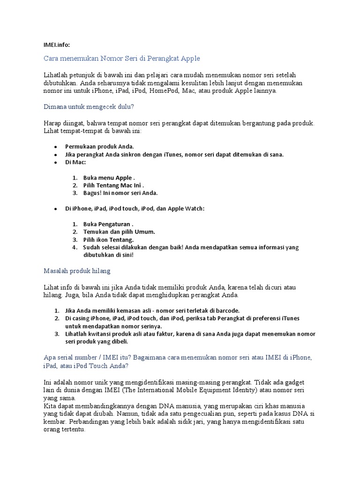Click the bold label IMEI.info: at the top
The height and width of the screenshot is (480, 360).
(56, 45)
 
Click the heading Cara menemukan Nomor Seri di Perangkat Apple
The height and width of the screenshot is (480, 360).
(122, 58)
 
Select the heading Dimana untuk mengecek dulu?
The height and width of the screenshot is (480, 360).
(89, 107)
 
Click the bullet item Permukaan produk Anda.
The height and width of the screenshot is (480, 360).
(99, 146)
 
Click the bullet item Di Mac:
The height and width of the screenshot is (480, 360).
(75, 162)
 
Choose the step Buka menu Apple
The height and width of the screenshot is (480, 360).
(109, 178)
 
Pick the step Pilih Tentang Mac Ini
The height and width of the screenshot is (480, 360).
(113, 186)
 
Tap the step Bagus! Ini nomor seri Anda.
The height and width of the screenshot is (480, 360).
(120, 193)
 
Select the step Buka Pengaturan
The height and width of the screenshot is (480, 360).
(108, 224)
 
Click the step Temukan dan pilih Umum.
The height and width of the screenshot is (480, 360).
(119, 232)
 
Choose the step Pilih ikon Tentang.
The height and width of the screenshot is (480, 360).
(108, 240)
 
